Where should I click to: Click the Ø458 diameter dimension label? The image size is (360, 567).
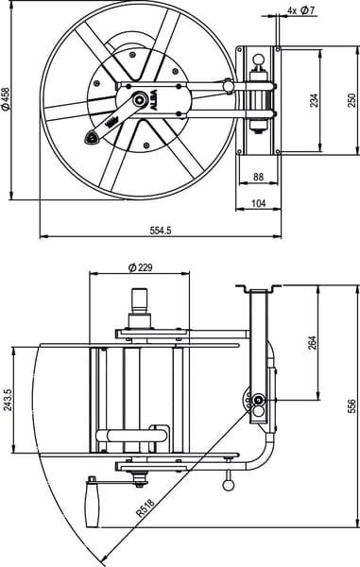click(x=6, y=98)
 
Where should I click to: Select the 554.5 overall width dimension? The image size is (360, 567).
click(x=160, y=231)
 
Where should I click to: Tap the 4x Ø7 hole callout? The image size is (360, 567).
click(x=301, y=10)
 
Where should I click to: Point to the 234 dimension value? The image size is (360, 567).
click(x=314, y=100)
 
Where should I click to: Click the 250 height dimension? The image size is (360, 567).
click(x=351, y=100)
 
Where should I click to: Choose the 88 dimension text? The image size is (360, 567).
click(x=258, y=177)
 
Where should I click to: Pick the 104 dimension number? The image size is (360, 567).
click(x=258, y=203)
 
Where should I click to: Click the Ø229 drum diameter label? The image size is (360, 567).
click(x=140, y=267)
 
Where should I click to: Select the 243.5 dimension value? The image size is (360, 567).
click(x=8, y=400)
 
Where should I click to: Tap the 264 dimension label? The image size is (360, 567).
click(x=313, y=343)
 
